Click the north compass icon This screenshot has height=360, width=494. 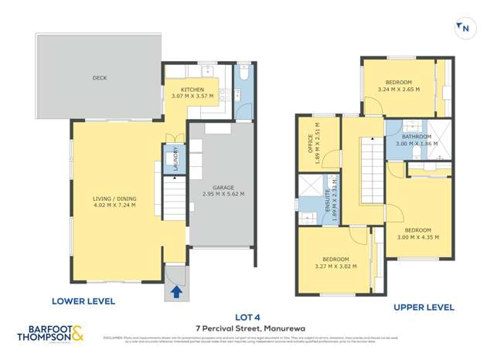464,29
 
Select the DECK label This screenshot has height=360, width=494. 99,77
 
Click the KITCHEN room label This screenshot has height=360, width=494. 192,90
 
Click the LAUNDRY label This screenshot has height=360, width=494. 175,159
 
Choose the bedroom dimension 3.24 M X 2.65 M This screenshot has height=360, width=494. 400,90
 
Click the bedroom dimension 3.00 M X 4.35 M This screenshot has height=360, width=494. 418,237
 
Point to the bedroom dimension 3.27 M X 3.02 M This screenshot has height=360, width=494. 335,267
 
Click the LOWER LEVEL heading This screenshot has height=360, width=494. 83,301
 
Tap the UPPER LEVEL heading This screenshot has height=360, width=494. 424,307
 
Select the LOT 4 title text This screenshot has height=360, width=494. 247,316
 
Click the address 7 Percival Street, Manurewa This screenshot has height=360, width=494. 247,328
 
